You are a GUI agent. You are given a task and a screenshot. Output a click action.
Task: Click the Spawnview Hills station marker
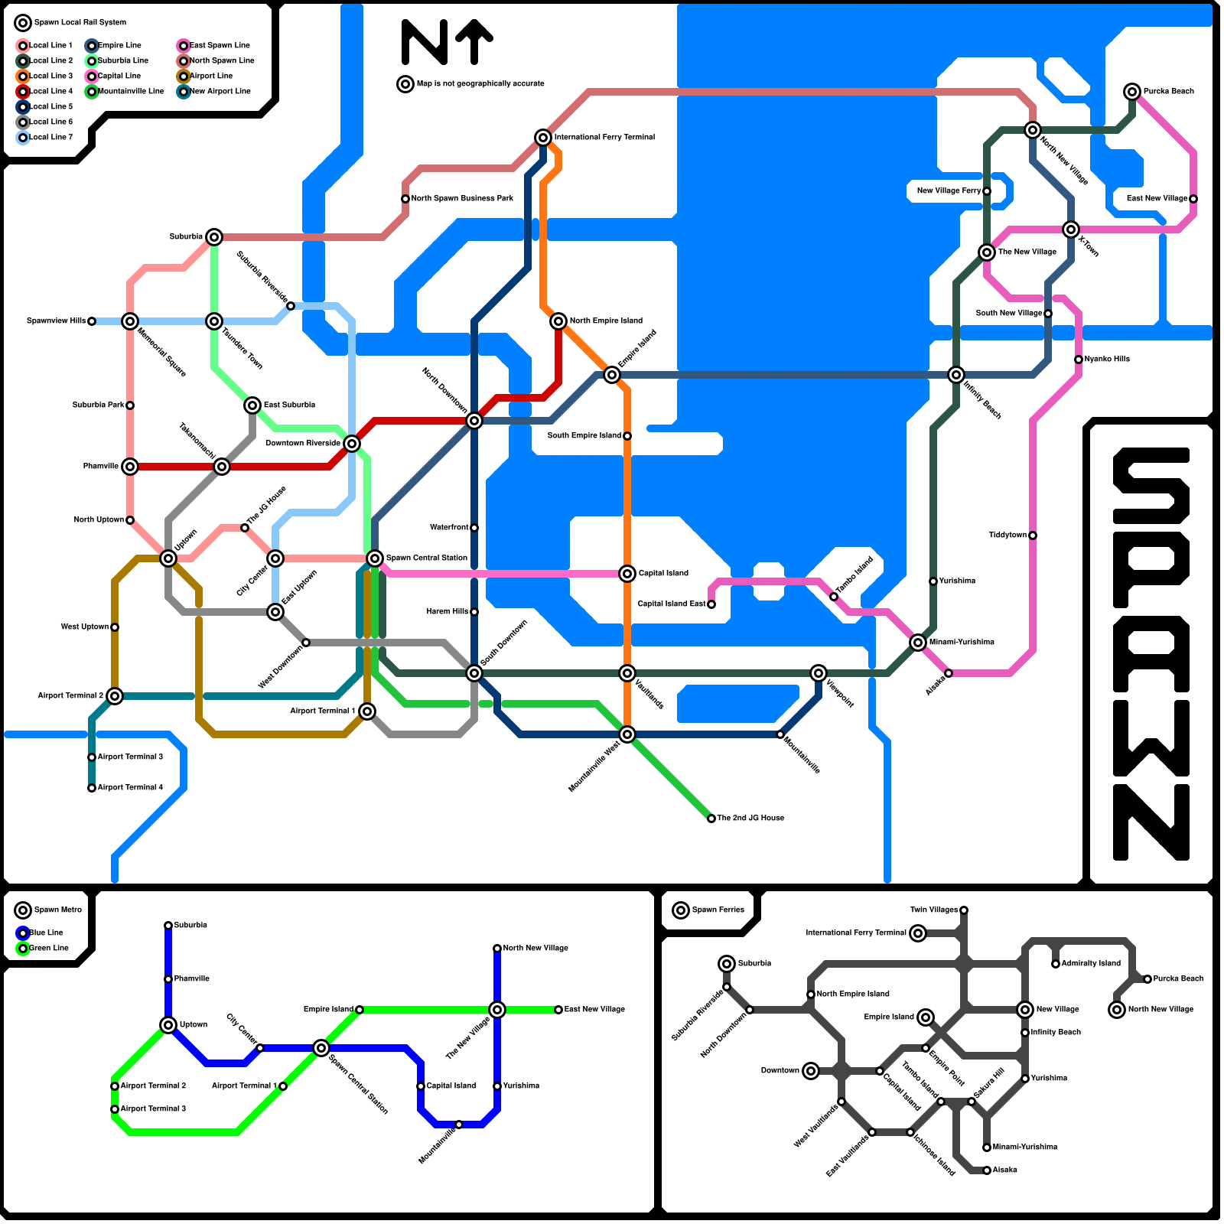pos(92,321)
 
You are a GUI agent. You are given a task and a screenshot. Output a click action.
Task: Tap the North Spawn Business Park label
pos(462,199)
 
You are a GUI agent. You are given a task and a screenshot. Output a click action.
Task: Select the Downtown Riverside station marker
pos(352,444)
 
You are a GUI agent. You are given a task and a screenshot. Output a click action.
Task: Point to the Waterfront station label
pos(449,528)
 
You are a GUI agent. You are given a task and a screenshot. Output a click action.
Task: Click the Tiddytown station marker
pos(1033,535)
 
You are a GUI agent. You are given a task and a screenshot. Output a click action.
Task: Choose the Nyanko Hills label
pos(1107,360)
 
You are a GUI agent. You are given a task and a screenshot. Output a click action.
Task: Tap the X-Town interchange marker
pos(1071,229)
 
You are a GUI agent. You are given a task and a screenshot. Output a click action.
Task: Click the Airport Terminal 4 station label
pos(130,788)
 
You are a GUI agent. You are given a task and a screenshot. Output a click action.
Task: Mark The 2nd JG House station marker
pos(711,819)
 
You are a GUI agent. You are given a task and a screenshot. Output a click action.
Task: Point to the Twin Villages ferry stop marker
pos(964,910)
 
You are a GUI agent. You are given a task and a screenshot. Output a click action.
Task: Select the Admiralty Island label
pos(1091,964)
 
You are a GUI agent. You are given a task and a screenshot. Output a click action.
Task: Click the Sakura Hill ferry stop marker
pos(972,1102)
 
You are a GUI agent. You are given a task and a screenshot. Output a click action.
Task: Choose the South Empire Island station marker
pos(627,436)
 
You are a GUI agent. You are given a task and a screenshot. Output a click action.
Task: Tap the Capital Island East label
pos(672,604)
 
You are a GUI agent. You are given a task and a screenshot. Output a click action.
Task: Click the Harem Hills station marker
pos(474,612)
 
